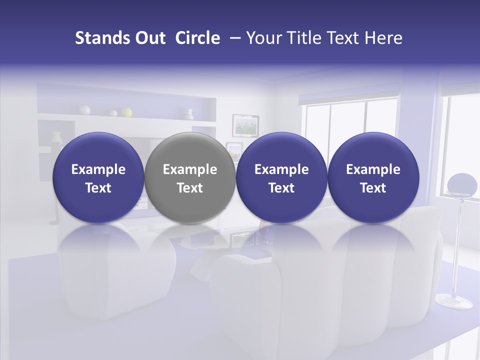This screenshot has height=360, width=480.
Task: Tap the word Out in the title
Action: (148, 38)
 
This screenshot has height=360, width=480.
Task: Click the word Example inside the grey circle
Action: (190, 169)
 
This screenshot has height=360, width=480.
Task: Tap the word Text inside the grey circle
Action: (190, 188)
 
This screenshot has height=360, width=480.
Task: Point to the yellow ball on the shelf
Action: (127, 112)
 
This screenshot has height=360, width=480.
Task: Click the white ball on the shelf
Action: (85, 110)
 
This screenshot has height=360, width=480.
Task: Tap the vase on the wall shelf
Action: (189, 114)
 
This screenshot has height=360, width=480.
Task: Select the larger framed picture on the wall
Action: (245, 125)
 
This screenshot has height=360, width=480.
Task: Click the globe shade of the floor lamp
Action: (462, 183)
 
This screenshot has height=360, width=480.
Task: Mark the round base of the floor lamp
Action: (454, 301)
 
